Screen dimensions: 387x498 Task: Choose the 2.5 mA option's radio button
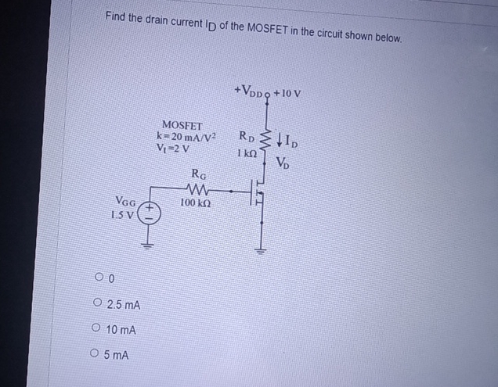(x=96, y=304)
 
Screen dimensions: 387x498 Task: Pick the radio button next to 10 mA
(x=96, y=330)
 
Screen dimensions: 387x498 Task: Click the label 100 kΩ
(x=193, y=203)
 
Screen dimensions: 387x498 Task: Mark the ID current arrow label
(x=286, y=142)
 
